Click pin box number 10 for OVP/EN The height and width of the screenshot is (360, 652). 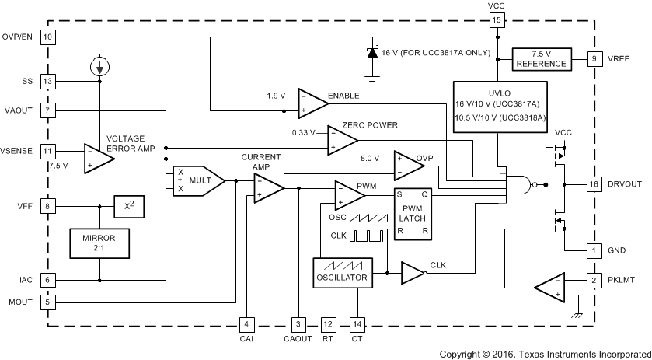[48, 37]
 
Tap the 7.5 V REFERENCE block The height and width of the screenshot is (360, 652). [542, 58]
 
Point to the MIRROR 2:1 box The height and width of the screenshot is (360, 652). [99, 243]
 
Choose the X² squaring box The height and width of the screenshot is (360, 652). [128, 207]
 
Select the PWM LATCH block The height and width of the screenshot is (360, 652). [411, 215]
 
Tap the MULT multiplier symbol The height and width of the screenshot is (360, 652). [197, 181]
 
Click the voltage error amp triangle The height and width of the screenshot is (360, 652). [98, 159]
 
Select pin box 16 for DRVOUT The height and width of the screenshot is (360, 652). [593, 184]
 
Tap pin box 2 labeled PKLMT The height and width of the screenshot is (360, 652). [593, 279]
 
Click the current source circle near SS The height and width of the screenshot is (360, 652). [99, 67]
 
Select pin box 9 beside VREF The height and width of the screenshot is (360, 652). [593, 58]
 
